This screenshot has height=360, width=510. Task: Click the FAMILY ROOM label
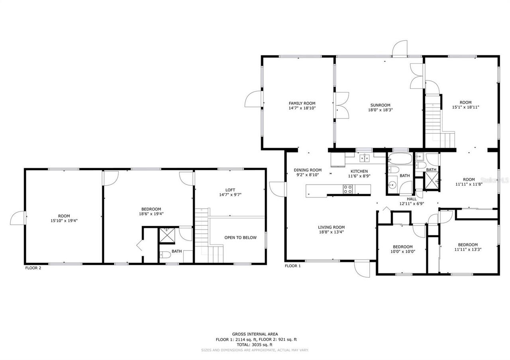click(x=302, y=104)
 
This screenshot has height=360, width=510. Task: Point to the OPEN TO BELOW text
click(x=240, y=238)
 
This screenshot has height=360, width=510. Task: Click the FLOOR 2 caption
click(x=33, y=268)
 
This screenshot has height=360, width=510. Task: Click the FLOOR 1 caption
click(x=293, y=266)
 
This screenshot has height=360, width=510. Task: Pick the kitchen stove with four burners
click(x=348, y=189)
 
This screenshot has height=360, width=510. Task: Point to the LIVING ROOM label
click(x=331, y=227)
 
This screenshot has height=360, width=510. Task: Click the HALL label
click(x=412, y=199)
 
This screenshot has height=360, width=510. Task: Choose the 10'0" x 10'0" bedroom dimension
click(x=402, y=251)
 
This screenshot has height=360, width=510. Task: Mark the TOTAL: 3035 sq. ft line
click(x=255, y=345)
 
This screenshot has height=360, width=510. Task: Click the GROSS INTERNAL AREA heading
click(x=255, y=334)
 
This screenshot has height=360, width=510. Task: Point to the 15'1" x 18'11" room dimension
click(x=465, y=107)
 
